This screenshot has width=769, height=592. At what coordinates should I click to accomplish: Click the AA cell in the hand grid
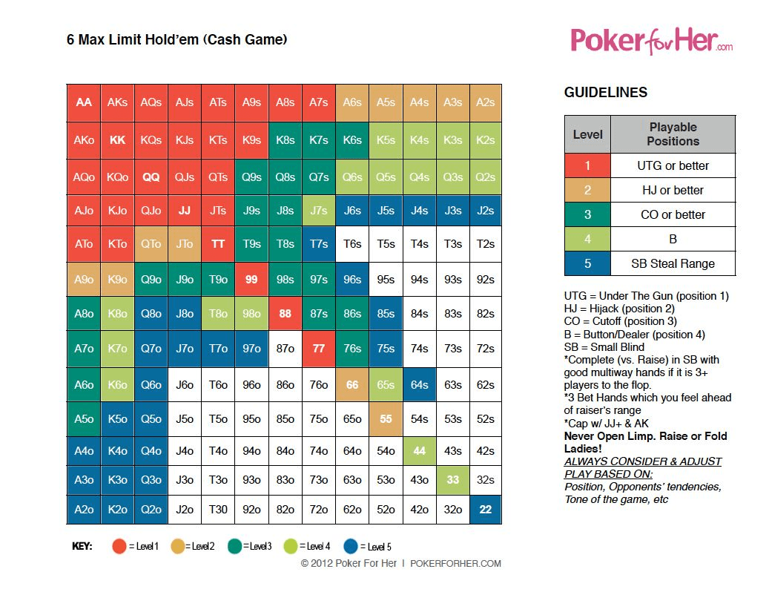[x=84, y=102]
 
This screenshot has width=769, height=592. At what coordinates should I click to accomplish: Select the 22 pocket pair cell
[x=486, y=510]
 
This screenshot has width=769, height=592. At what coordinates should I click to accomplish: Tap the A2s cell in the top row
[x=486, y=102]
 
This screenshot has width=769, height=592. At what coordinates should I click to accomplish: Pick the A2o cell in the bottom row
[x=84, y=510]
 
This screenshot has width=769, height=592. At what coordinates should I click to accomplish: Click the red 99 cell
[x=251, y=280]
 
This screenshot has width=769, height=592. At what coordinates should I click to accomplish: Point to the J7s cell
[x=318, y=211]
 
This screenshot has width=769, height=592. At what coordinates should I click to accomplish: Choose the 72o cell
[x=318, y=510]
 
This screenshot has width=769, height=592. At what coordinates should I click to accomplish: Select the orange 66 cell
[x=352, y=385]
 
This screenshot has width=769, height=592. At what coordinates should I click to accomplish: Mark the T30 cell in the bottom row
[x=218, y=510]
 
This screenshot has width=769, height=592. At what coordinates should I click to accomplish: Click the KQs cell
[x=151, y=140]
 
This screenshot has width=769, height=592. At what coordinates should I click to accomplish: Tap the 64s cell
[x=419, y=385]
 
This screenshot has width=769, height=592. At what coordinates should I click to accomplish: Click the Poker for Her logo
[x=651, y=41]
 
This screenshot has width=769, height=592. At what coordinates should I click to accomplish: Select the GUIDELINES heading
[x=606, y=93]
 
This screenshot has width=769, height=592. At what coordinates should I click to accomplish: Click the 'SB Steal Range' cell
[x=673, y=263]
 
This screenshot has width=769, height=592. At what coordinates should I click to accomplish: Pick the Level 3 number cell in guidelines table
[x=587, y=214]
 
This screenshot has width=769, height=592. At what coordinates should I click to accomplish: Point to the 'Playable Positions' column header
[x=673, y=134]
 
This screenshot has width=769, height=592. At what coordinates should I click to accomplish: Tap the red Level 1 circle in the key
[x=119, y=547]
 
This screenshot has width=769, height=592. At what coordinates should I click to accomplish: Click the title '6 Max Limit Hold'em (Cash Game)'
[x=176, y=40]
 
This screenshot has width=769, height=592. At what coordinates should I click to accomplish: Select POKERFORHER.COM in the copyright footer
[x=455, y=564]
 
